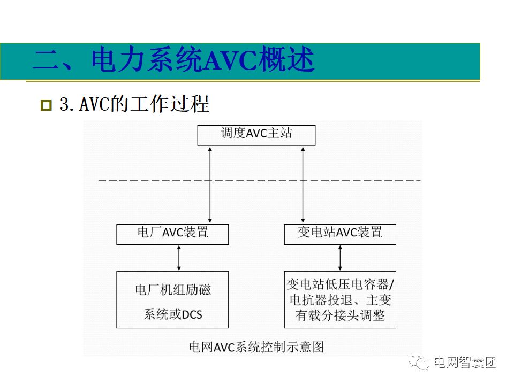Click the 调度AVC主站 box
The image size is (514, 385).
(x=256, y=134)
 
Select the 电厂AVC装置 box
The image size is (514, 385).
(x=172, y=234)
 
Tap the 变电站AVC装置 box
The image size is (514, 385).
(x=339, y=234)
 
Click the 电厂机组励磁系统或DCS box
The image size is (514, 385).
(x=172, y=299)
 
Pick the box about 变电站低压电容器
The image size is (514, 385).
(x=339, y=299)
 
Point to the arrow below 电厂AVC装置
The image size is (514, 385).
(x=179, y=258)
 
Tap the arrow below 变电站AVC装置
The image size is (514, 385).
(x=340, y=258)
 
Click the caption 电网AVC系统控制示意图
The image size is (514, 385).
(x=256, y=347)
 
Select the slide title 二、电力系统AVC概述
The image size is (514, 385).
(x=173, y=60)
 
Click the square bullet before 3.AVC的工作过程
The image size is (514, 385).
(x=46, y=105)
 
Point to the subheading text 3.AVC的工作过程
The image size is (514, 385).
(x=134, y=104)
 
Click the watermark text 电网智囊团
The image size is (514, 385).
(x=465, y=363)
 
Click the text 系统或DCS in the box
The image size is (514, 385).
(x=173, y=314)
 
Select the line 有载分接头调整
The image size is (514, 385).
(x=340, y=315)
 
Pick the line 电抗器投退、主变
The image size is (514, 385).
(x=340, y=299)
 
